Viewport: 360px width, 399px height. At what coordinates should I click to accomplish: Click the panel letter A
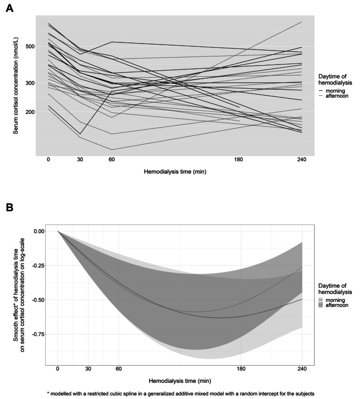tap(9, 10)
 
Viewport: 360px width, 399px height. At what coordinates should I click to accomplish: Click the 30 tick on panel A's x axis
tap(80, 160)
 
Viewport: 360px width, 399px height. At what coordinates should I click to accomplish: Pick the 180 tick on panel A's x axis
tap(238, 160)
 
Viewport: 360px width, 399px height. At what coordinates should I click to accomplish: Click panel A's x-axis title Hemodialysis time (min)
tap(175, 172)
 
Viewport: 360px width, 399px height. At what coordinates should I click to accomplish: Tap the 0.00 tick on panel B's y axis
tap(38, 231)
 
